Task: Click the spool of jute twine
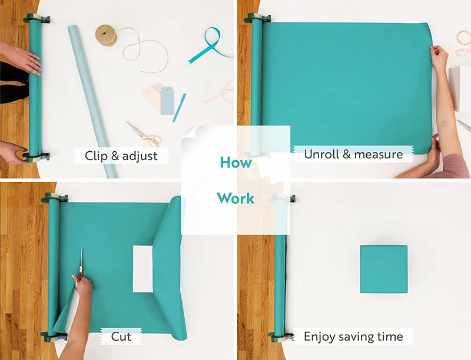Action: click(106, 35)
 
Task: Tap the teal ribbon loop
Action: click(210, 45)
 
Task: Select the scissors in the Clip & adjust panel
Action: click(144, 135)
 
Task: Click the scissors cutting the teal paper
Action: click(81, 267)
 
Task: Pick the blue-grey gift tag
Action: click(167, 101)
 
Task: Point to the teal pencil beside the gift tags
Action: click(180, 108)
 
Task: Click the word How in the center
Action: click(236, 162)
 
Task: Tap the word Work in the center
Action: click(236, 198)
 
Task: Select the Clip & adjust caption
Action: click(121, 156)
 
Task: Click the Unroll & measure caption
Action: click(353, 154)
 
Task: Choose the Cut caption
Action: click(121, 336)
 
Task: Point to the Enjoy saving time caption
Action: click(353, 336)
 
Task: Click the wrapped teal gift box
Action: click(384, 269)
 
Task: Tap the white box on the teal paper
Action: click(143, 269)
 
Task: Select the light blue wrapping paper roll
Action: click(92, 101)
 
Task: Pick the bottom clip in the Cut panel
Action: click(55, 336)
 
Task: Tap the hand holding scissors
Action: click(82, 284)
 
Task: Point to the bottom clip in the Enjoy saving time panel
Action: click(281, 337)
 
